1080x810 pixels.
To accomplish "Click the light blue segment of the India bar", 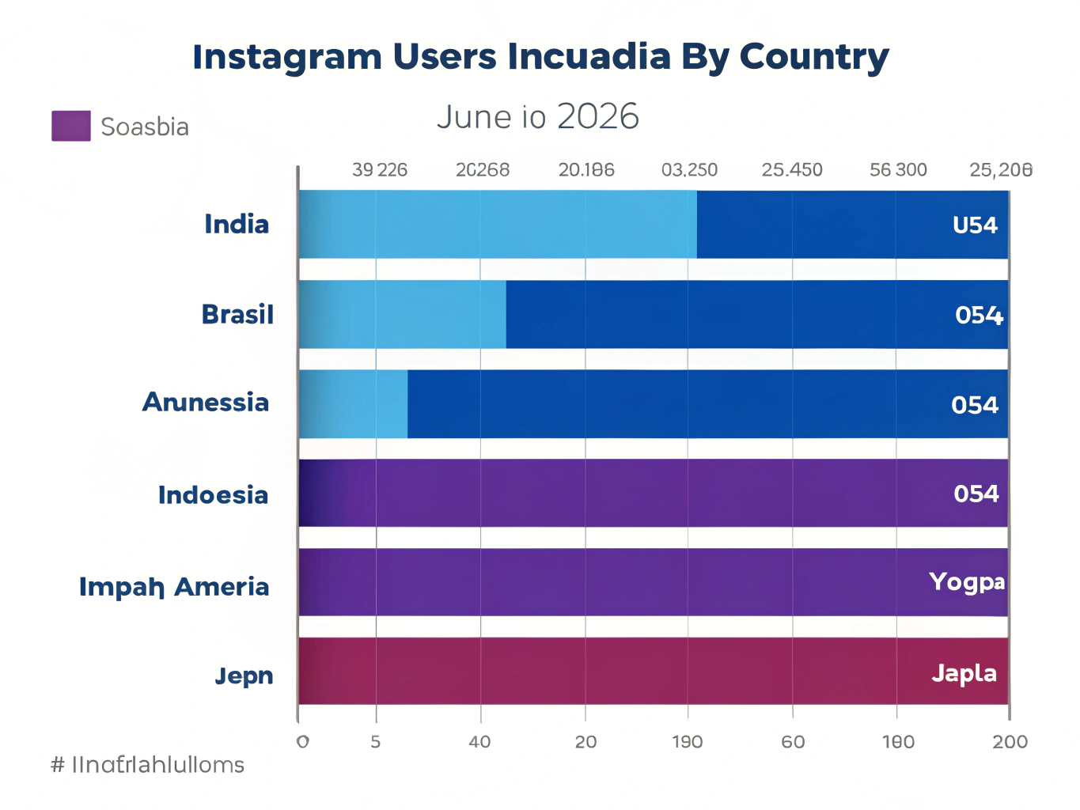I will pyautogui.click(x=497, y=224).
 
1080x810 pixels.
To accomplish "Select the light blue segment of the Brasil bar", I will pyautogui.click(x=402, y=314).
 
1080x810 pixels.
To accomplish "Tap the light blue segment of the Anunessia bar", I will pyautogui.click(x=353, y=403).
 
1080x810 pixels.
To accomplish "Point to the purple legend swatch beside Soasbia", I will pyautogui.click(x=71, y=126).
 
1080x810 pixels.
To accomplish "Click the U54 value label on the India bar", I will pyautogui.click(x=975, y=225).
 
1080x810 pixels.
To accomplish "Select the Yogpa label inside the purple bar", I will pyautogui.click(x=967, y=582).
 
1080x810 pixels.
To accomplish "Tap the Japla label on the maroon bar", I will pyautogui.click(x=964, y=673).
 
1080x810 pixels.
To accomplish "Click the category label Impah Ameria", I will pyautogui.click(x=174, y=587).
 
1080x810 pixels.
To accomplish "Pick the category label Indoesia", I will pyautogui.click(x=213, y=495).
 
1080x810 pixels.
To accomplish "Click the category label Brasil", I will pyautogui.click(x=237, y=315).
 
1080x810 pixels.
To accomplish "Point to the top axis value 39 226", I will pyautogui.click(x=380, y=170).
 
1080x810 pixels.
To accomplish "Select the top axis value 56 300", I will pyautogui.click(x=898, y=170).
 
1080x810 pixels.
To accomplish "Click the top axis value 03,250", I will pyautogui.click(x=689, y=170).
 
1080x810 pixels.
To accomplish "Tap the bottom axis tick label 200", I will pyautogui.click(x=1010, y=742).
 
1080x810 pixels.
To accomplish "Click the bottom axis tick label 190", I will pyautogui.click(x=687, y=742).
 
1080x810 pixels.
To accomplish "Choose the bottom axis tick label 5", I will pyautogui.click(x=376, y=742).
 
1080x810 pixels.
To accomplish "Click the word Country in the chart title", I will pyautogui.click(x=814, y=57).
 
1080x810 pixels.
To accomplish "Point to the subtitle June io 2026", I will pyautogui.click(x=537, y=117).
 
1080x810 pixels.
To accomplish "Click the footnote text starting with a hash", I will pyautogui.click(x=147, y=765).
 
